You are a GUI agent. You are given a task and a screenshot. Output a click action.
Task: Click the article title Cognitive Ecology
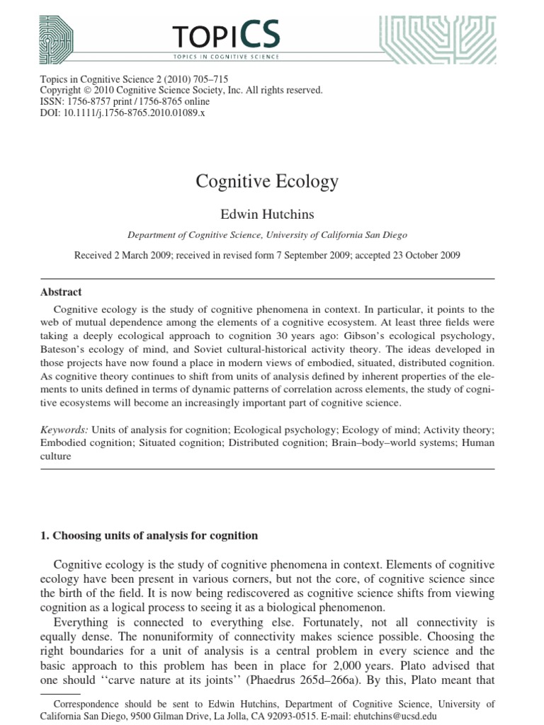(267, 181)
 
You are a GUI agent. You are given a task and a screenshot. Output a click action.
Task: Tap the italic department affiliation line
(267, 236)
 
